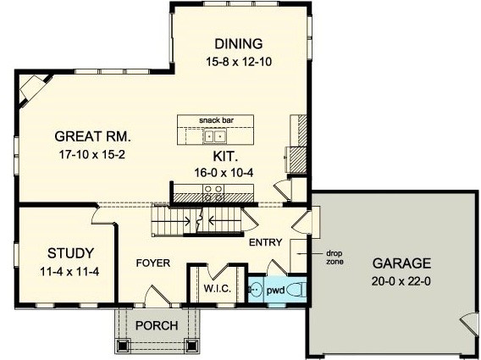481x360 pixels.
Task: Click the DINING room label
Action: click(x=239, y=44)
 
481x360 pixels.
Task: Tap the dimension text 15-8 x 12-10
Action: click(x=239, y=62)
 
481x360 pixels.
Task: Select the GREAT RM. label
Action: click(x=92, y=136)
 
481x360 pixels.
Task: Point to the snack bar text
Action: click(x=216, y=120)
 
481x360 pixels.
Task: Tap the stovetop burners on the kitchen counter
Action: click(x=213, y=193)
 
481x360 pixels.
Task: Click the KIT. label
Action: click(x=225, y=157)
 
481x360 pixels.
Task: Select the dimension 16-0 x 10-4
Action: click(x=224, y=173)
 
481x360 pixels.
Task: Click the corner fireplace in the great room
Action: click(x=32, y=89)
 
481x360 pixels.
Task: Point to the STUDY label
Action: click(x=70, y=253)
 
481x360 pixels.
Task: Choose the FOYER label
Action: click(x=153, y=263)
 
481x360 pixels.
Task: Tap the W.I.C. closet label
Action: click(x=217, y=289)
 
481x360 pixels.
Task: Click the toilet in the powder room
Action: click(x=297, y=289)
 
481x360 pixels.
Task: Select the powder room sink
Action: click(x=255, y=289)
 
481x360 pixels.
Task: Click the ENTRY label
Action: click(x=266, y=242)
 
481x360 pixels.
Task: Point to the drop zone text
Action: click(x=334, y=258)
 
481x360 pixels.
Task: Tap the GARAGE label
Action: click(x=402, y=263)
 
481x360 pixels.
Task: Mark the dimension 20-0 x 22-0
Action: click(x=401, y=281)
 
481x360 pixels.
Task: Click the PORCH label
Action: click(x=157, y=325)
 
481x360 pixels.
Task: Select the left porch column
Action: click(x=123, y=346)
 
